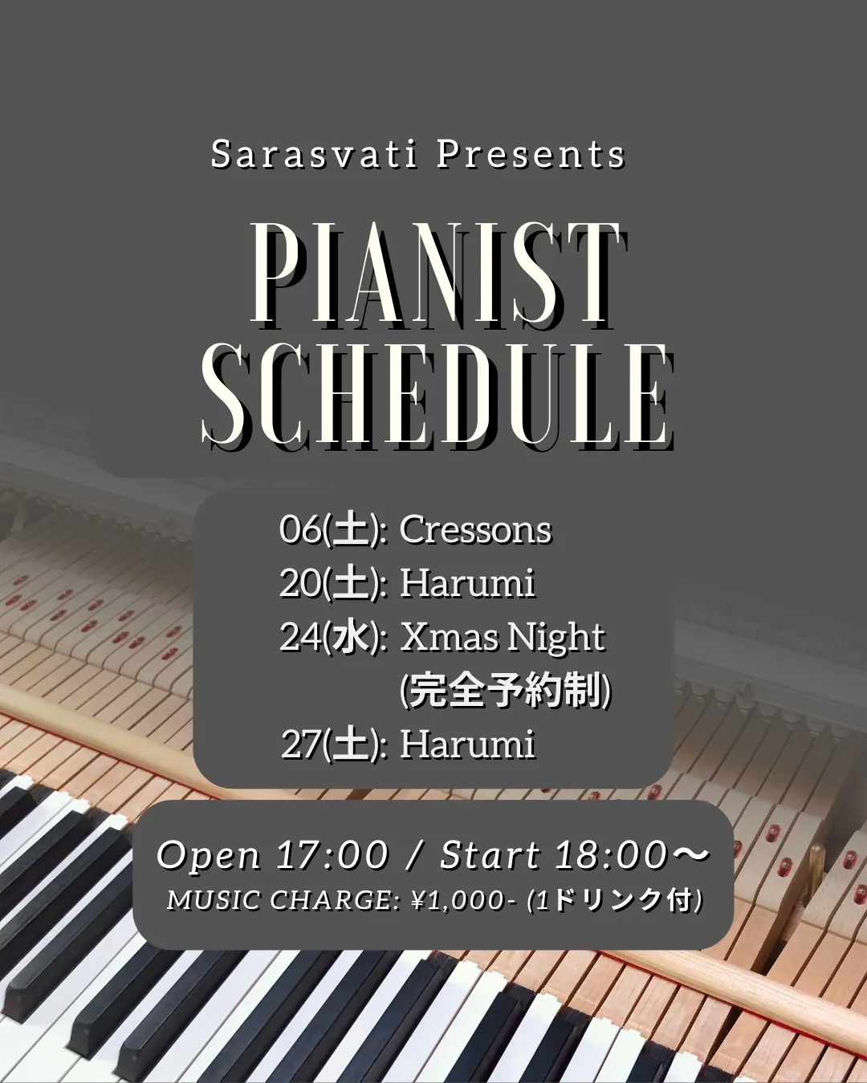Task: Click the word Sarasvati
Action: point(314,154)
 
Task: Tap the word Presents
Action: point(531,154)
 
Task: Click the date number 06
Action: point(301,530)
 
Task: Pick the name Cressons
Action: point(476,530)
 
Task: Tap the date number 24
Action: point(301,637)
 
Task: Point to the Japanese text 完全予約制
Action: point(505,691)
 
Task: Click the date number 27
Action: point(301,744)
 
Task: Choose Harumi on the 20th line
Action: point(467,584)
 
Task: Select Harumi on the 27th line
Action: point(467,744)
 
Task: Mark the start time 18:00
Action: point(612,854)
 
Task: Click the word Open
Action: point(209,855)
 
